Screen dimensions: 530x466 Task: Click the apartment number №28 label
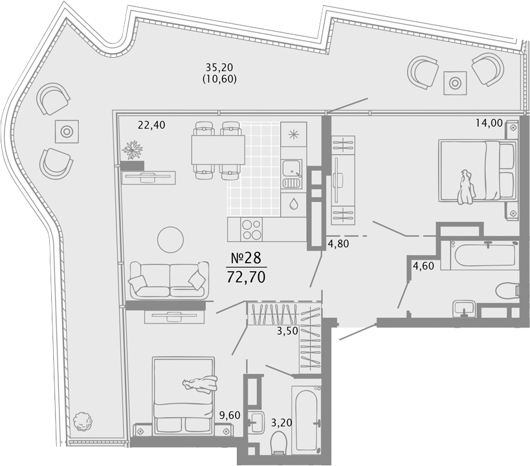point(246,258)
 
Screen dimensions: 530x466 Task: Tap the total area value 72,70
point(246,277)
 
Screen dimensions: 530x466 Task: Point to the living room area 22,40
point(152,125)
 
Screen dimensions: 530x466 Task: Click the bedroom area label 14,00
point(489,123)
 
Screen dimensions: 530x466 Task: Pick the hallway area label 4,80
point(338,243)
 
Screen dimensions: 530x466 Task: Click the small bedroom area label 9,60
point(230,415)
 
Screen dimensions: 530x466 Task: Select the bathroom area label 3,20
point(282,423)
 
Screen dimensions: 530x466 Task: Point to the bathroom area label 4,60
point(423,266)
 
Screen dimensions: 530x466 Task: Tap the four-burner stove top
point(251,229)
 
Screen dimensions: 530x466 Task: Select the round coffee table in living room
point(170,239)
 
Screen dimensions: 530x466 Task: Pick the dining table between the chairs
point(218,150)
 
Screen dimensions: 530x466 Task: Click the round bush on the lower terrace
point(82,421)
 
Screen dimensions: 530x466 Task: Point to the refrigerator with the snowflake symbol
point(294,134)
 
